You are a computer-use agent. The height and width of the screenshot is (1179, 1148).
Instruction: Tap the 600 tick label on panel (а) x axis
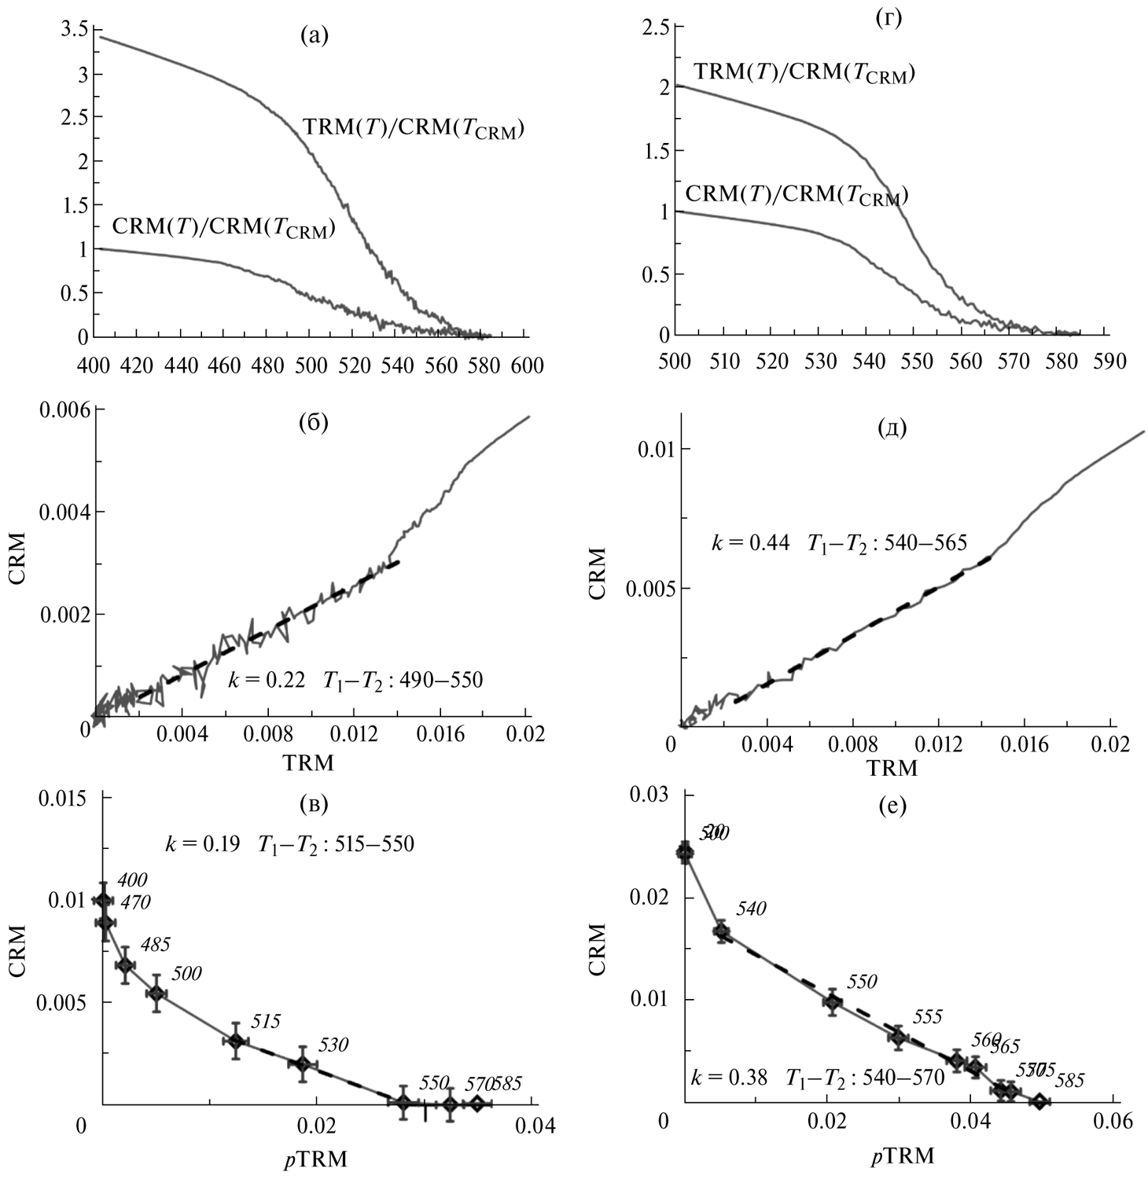pos(527,365)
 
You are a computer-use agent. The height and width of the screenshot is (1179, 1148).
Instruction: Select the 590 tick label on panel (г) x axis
pos(1109,362)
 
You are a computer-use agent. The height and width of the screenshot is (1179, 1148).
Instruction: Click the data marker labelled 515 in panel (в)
pos(235,1041)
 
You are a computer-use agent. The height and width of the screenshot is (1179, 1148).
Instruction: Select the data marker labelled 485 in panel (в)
pos(125,964)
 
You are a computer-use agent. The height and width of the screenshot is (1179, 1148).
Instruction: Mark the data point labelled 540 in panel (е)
pos(721,931)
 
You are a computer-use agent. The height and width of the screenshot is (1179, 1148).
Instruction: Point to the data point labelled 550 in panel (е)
pos(832,1002)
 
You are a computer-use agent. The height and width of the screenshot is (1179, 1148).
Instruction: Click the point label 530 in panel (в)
pos(333,1045)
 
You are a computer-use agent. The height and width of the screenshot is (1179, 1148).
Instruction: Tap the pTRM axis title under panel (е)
pos(903,1156)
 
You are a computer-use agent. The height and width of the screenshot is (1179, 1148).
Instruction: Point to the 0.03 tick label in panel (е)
pos(650,795)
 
